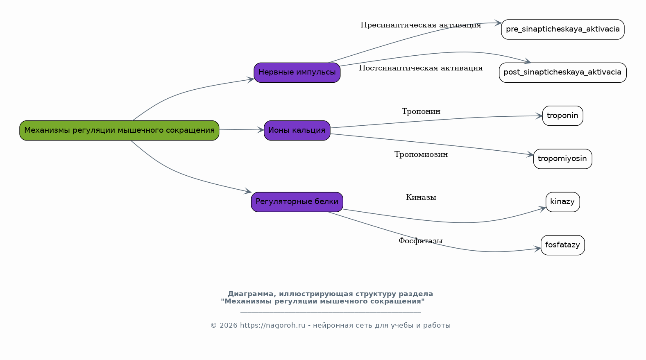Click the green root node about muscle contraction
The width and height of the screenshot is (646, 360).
click(x=119, y=130)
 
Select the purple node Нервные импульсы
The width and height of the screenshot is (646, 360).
click(x=297, y=72)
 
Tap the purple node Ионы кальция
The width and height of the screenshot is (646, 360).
click(x=297, y=130)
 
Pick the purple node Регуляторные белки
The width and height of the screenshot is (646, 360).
click(x=297, y=202)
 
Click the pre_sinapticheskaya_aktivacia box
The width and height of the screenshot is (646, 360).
click(x=563, y=29)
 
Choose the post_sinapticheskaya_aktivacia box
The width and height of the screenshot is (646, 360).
click(x=563, y=72)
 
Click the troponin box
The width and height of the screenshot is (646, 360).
click(x=563, y=115)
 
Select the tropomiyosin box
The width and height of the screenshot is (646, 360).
click(x=563, y=159)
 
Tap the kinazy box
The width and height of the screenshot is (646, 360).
click(x=563, y=202)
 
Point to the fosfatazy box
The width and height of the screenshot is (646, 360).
click(x=563, y=245)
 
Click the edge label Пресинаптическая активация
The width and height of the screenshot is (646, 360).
click(x=421, y=25)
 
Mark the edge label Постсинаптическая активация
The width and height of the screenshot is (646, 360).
click(x=421, y=68)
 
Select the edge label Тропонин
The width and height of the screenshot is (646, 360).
click(x=421, y=111)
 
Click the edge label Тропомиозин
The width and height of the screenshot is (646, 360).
click(x=421, y=154)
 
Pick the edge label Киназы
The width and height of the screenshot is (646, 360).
click(x=421, y=197)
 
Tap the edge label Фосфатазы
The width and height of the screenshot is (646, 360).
click(x=421, y=241)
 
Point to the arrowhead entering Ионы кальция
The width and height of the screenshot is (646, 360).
click(x=261, y=130)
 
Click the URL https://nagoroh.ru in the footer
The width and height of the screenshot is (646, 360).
click(x=272, y=326)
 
